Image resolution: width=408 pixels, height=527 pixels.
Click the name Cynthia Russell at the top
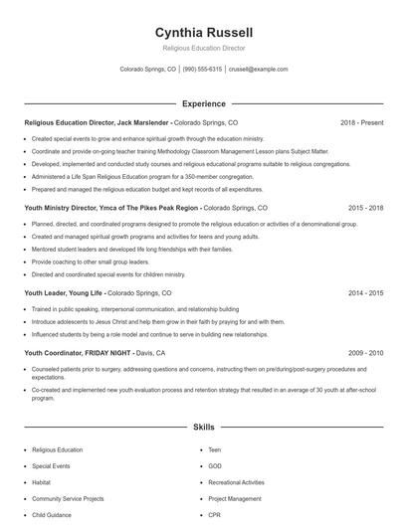click(x=203, y=32)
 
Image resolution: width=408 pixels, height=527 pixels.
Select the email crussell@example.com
click(x=258, y=70)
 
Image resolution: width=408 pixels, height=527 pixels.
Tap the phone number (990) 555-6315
click(x=202, y=70)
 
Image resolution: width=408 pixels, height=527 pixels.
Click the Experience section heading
click(x=203, y=102)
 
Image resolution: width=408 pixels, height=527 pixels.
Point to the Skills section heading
click(x=203, y=427)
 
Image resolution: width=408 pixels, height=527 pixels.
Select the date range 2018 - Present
click(x=361, y=122)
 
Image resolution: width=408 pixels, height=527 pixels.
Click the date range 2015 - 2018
click(x=365, y=208)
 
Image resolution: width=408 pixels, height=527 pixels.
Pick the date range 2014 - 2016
click(x=365, y=293)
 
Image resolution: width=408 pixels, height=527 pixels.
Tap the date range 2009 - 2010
click(x=365, y=352)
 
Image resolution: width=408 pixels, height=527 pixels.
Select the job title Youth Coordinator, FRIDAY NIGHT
click(x=78, y=352)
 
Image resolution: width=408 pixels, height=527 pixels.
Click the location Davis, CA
click(x=150, y=352)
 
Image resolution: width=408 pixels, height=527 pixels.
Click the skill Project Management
click(x=235, y=498)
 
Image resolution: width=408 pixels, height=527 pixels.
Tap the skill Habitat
click(x=43, y=481)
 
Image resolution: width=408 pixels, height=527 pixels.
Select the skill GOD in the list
click(x=216, y=464)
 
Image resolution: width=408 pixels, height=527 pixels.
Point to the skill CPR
click(x=215, y=515)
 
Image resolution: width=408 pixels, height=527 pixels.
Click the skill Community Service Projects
click(x=68, y=498)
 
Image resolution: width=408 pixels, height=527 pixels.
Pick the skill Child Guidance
click(x=52, y=515)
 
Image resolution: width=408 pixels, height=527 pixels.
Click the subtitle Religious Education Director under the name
click(x=203, y=48)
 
